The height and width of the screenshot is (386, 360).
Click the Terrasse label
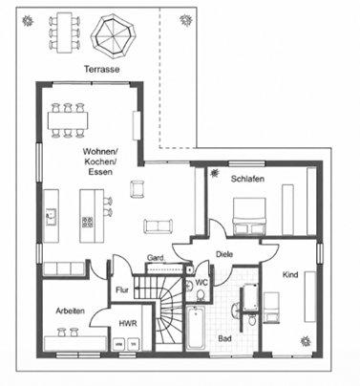coord(102,69)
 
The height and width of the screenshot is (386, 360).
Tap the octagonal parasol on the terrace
coord(113,36)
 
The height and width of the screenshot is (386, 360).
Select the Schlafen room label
coord(247,179)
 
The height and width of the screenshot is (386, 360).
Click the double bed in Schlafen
coord(249,216)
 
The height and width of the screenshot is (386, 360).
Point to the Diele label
coord(224,254)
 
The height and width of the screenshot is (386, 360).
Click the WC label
coord(201,282)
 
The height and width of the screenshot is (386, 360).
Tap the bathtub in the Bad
coord(196,328)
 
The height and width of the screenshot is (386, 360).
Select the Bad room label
coord(224,338)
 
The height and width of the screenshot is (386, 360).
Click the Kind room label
coord(290,274)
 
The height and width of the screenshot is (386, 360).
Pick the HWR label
coord(128,324)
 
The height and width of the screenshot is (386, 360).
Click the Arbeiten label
coord(71,311)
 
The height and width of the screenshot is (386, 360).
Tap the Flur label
coord(122,290)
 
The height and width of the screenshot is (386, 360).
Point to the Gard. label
coord(156,258)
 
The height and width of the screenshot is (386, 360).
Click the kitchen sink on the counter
coord(51,217)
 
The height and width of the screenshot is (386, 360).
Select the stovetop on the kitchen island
coord(88,222)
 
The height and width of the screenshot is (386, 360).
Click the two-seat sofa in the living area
coord(159,226)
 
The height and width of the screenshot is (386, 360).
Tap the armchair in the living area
coord(138,188)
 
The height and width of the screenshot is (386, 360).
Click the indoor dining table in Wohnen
coord(68,120)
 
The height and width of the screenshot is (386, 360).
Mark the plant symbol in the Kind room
coord(306,341)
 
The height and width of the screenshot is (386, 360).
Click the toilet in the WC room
coord(201,295)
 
